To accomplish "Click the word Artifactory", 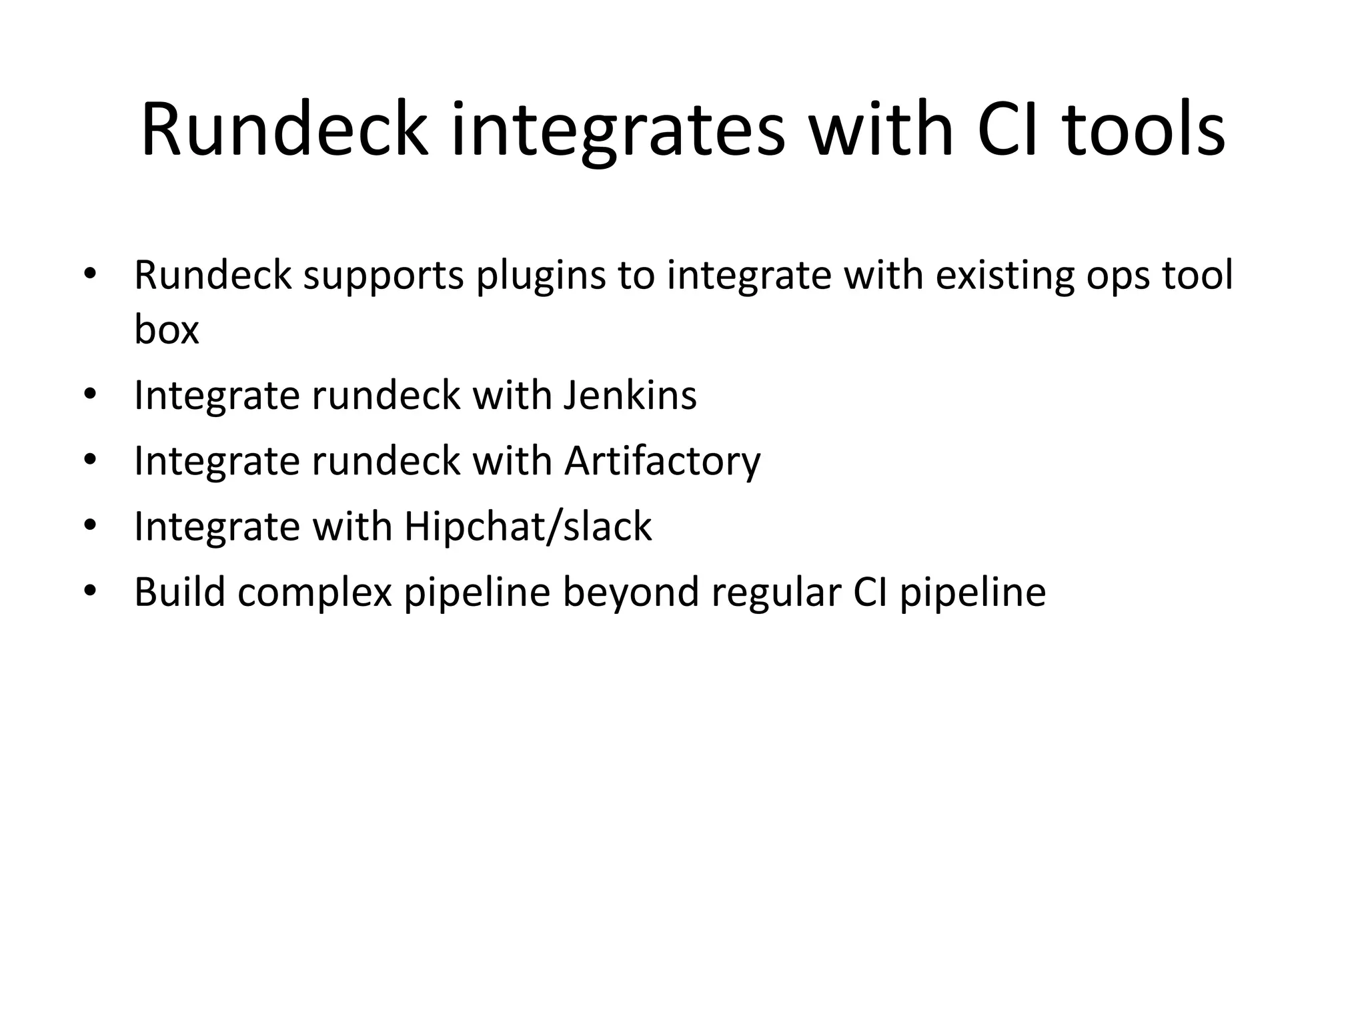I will [662, 461].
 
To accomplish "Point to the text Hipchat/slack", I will [528, 527].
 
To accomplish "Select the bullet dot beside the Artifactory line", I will [91, 460].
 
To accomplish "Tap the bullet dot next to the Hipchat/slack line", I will [91, 525].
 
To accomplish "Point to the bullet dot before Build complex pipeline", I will [91, 591].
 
